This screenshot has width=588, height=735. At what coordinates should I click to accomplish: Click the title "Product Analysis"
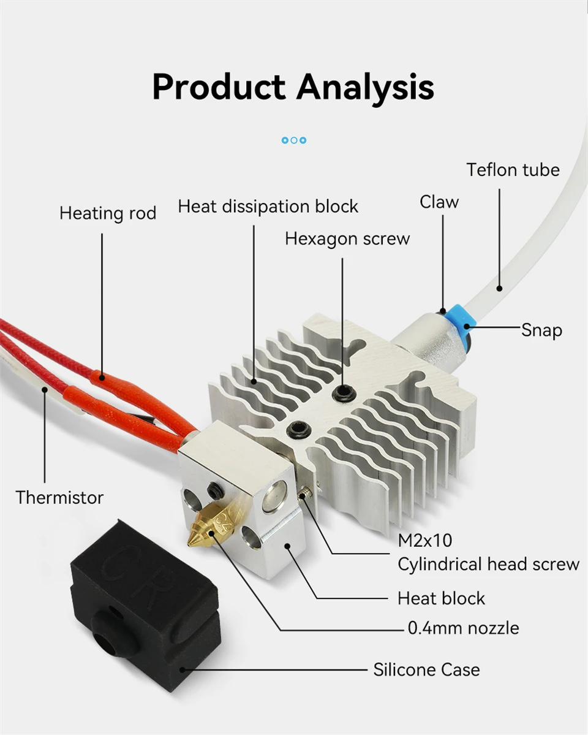pos(293,87)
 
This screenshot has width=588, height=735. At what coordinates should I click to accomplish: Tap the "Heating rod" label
pos(108,213)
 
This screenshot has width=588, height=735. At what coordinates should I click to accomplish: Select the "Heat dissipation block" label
pos(268,207)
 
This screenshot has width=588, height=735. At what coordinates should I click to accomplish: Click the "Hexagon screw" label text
pos(347,238)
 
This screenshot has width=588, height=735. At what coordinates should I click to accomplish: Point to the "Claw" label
pos(439,202)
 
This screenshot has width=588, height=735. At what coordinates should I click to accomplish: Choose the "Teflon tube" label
pos(513,170)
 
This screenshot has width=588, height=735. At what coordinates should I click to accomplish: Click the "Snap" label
pos(541,330)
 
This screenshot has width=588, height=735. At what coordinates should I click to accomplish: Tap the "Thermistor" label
pos(59,497)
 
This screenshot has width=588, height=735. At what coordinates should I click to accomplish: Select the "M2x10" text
pos(425,540)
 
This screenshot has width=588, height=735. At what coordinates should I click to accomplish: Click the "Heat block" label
pos(441,598)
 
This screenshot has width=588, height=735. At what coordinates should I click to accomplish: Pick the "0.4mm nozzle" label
pos(463,628)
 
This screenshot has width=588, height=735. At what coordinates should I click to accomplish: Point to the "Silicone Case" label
pos(426,670)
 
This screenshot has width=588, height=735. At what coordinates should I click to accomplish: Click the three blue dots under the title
pos(294,140)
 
